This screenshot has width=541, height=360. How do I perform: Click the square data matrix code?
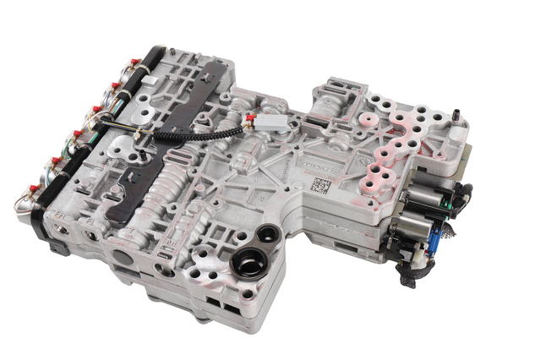click(x=319, y=186)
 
